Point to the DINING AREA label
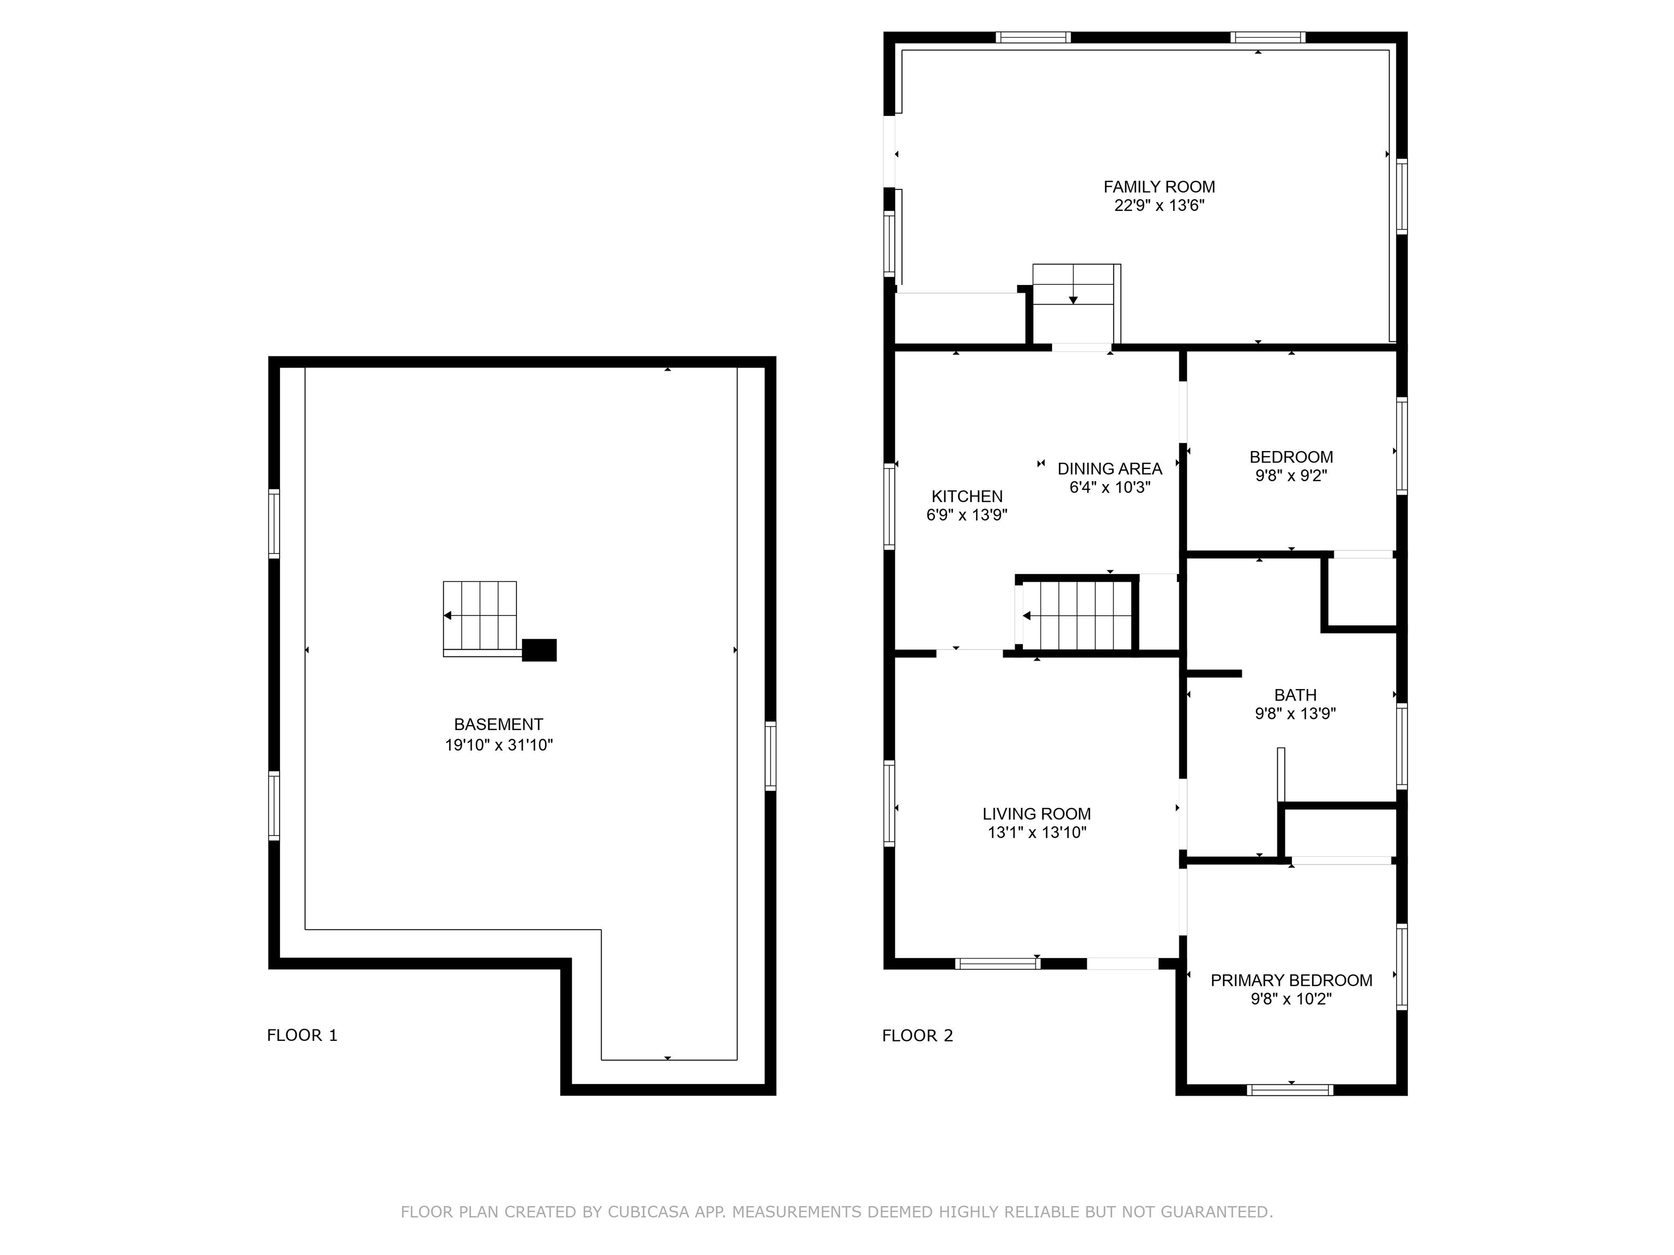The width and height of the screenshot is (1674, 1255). click(1109, 468)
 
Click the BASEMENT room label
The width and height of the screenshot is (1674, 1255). click(498, 724)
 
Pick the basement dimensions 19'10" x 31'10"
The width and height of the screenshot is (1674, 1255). click(499, 745)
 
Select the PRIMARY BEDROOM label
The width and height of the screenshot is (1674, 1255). click(1291, 980)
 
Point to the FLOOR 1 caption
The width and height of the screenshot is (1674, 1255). click(302, 1035)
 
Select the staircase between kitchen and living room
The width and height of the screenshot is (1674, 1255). click(1075, 615)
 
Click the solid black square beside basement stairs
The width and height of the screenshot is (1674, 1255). click(539, 650)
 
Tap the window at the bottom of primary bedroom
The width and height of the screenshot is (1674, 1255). click(1290, 1089)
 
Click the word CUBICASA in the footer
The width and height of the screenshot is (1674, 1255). click(648, 1212)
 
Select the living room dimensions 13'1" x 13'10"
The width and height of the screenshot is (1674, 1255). click(1037, 833)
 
